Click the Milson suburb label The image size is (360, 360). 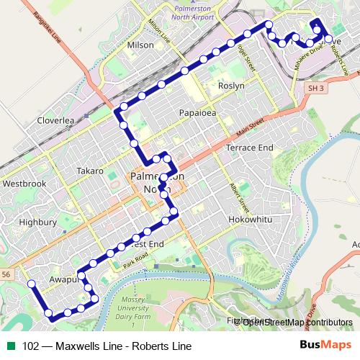[x=140, y=45]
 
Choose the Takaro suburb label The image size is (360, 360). [x=91, y=171]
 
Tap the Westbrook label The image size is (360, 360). [x=24, y=184]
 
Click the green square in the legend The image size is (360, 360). [x=12, y=346]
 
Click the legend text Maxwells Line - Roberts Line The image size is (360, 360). [x=107, y=346]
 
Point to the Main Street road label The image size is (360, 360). [x=247, y=130]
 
